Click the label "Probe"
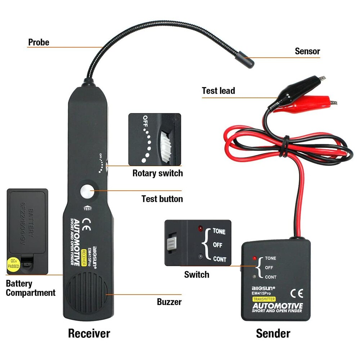click(x=39, y=42)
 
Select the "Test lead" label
click(x=218, y=91)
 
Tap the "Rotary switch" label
click(x=157, y=173)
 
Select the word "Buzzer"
click(x=169, y=302)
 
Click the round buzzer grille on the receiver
click(x=87, y=295)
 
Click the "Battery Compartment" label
click(x=30, y=288)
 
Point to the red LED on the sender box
click(x=255, y=258)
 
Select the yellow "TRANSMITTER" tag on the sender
click(x=264, y=299)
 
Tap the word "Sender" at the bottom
click(x=273, y=333)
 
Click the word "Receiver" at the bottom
click(x=89, y=333)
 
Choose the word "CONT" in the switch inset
click(x=220, y=259)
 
